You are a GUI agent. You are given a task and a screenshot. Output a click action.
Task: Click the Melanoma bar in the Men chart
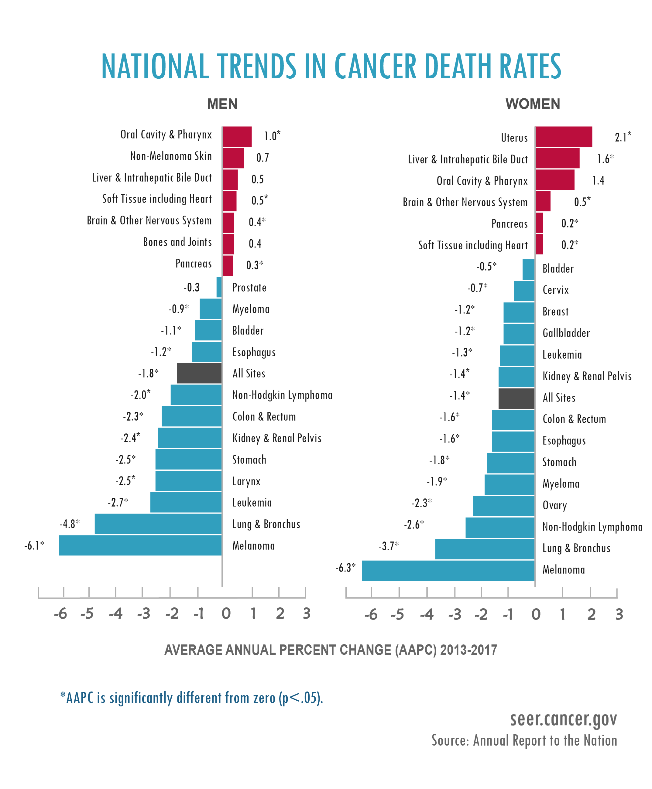click(140, 545)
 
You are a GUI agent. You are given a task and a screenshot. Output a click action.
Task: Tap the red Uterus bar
click(563, 137)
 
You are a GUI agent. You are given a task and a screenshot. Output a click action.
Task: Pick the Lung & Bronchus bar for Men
click(158, 524)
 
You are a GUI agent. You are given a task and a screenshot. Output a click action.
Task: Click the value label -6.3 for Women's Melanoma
click(345, 568)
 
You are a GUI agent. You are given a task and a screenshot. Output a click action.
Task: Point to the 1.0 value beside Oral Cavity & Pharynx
click(272, 135)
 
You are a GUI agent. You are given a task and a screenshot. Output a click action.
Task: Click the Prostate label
click(249, 288)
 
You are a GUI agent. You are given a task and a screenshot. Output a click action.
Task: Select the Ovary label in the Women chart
click(554, 505)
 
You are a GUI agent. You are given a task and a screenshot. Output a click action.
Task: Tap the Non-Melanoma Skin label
click(171, 156)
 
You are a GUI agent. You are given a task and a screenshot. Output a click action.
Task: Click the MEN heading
click(222, 104)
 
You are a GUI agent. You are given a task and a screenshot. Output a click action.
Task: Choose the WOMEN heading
click(532, 104)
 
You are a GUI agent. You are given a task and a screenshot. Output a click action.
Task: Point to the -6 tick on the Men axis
click(60, 614)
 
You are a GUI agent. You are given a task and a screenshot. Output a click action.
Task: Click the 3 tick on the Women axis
click(619, 614)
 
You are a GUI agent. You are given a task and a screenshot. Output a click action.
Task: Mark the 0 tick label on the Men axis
click(226, 614)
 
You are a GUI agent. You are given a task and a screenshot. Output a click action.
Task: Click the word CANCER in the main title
click(375, 67)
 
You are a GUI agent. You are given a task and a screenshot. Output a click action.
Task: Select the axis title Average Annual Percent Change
click(331, 650)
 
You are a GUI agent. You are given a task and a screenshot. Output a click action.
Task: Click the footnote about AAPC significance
click(191, 698)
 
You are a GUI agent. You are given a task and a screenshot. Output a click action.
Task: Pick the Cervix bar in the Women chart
click(524, 291)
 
